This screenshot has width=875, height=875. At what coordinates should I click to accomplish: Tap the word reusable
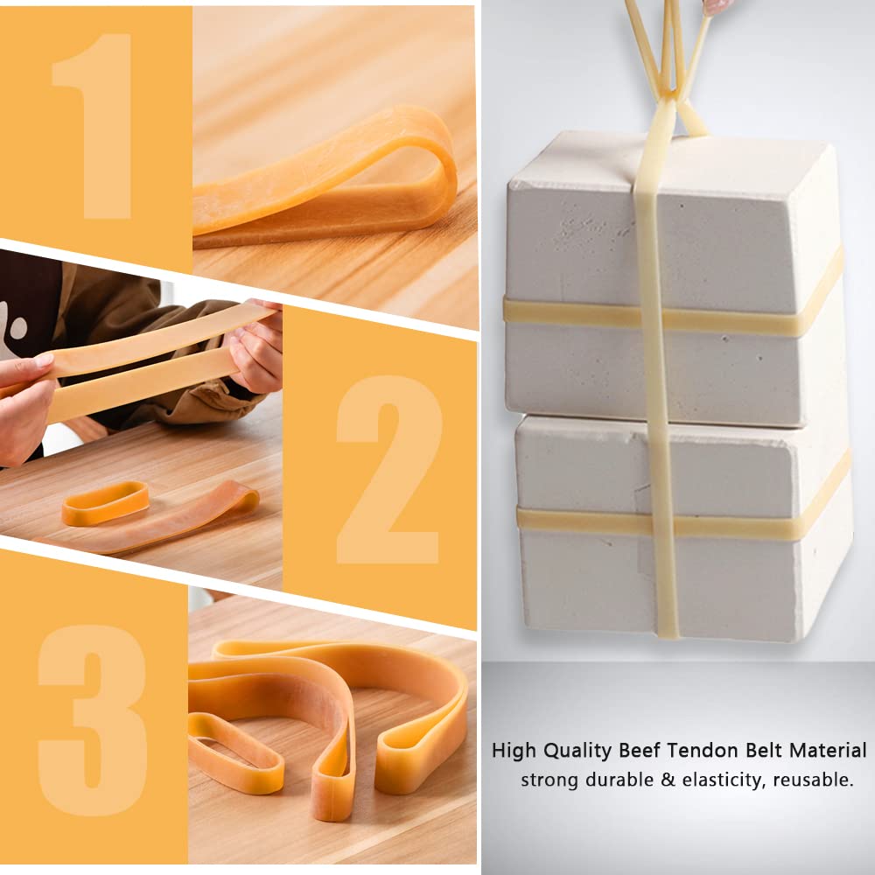814,780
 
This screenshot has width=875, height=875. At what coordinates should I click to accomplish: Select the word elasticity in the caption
721,780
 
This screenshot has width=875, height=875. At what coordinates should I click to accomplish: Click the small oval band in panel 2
105,502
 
